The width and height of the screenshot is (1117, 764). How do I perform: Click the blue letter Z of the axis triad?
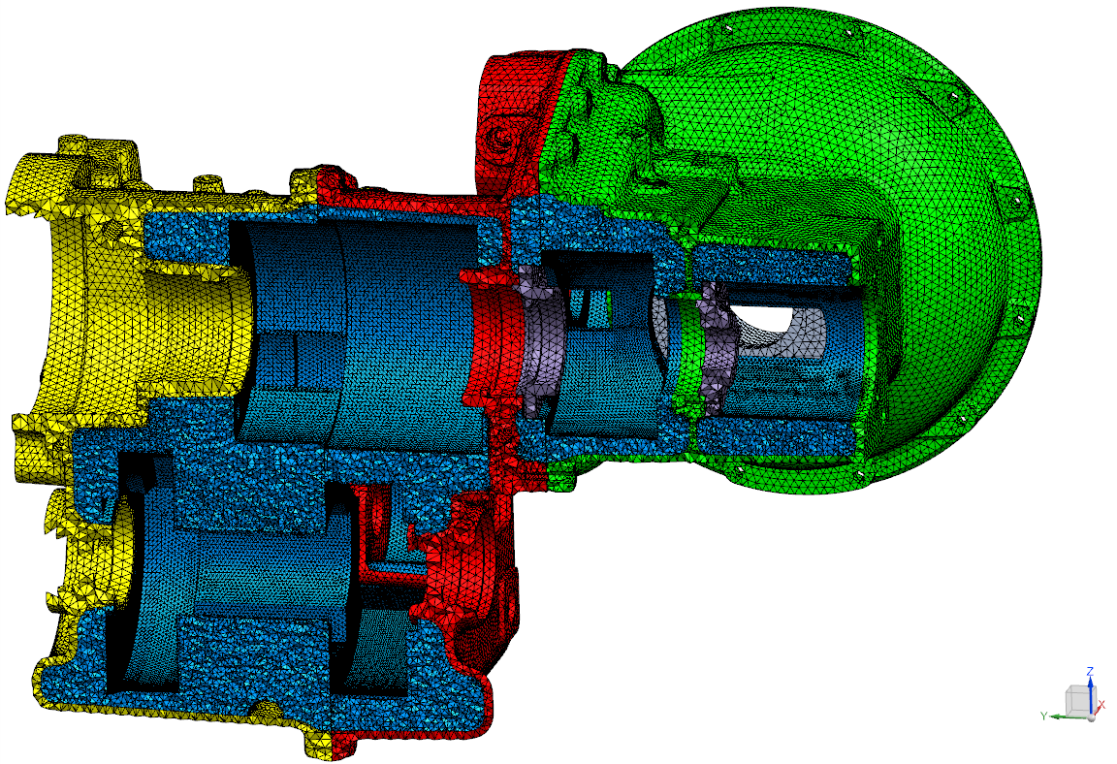coord(1089,672)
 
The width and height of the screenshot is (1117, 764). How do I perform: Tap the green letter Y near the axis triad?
coord(1043,715)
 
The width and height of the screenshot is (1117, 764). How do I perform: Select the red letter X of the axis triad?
coord(1101,704)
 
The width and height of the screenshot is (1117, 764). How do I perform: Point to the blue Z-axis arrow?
coord(1090,693)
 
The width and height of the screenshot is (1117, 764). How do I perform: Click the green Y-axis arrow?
coord(1068,716)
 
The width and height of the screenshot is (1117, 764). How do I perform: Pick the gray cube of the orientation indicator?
coord(1078,701)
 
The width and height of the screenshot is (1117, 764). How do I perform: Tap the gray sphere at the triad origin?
coord(1090,716)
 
